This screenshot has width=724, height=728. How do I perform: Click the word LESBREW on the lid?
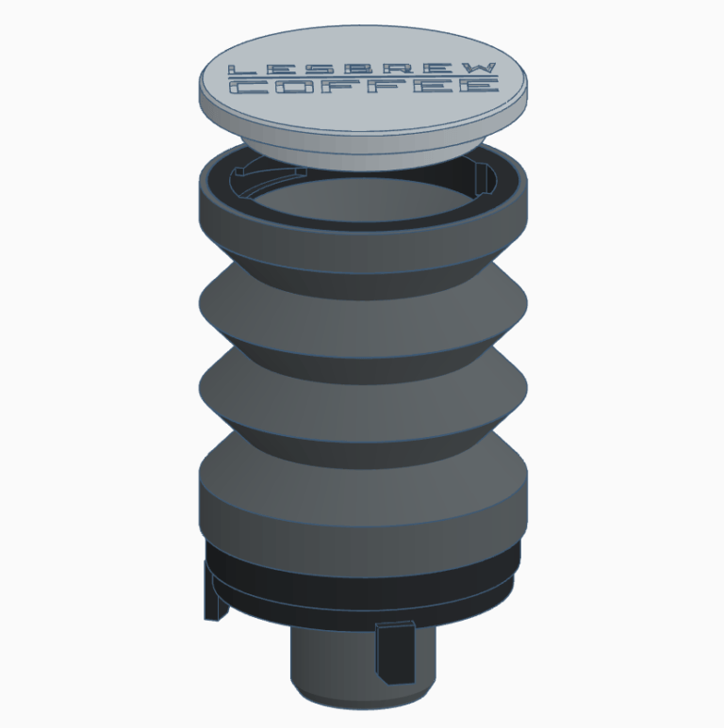[x=362, y=69]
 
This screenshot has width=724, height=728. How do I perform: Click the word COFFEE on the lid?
[x=364, y=86]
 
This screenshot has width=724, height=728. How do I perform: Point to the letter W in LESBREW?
[x=478, y=68]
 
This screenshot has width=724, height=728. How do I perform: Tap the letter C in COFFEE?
[x=249, y=87]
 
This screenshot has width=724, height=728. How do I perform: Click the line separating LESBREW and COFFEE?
[x=363, y=77]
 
